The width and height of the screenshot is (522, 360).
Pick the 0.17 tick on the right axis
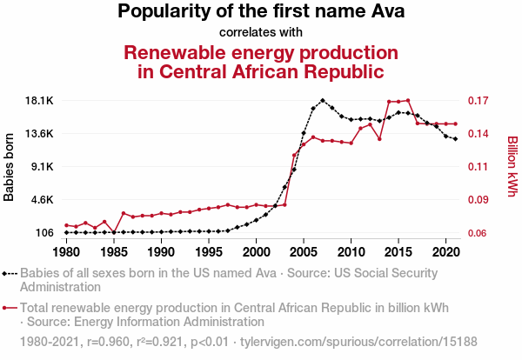coord(481,101)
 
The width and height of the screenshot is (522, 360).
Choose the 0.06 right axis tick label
coord(481,233)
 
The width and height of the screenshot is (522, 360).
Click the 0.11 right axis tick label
coord(481,167)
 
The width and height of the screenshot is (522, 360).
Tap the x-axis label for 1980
coord(66,252)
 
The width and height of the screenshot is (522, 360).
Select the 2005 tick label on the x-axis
coord(304,252)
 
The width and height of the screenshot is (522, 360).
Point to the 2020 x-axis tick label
coord(445,252)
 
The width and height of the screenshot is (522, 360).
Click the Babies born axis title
coord(10,167)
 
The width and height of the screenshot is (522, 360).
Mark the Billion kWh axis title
coord(512,165)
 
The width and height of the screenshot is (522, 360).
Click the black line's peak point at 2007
coord(323,100)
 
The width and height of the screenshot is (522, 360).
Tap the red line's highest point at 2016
coord(408,101)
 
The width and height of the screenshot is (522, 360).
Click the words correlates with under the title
coord(261,32)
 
